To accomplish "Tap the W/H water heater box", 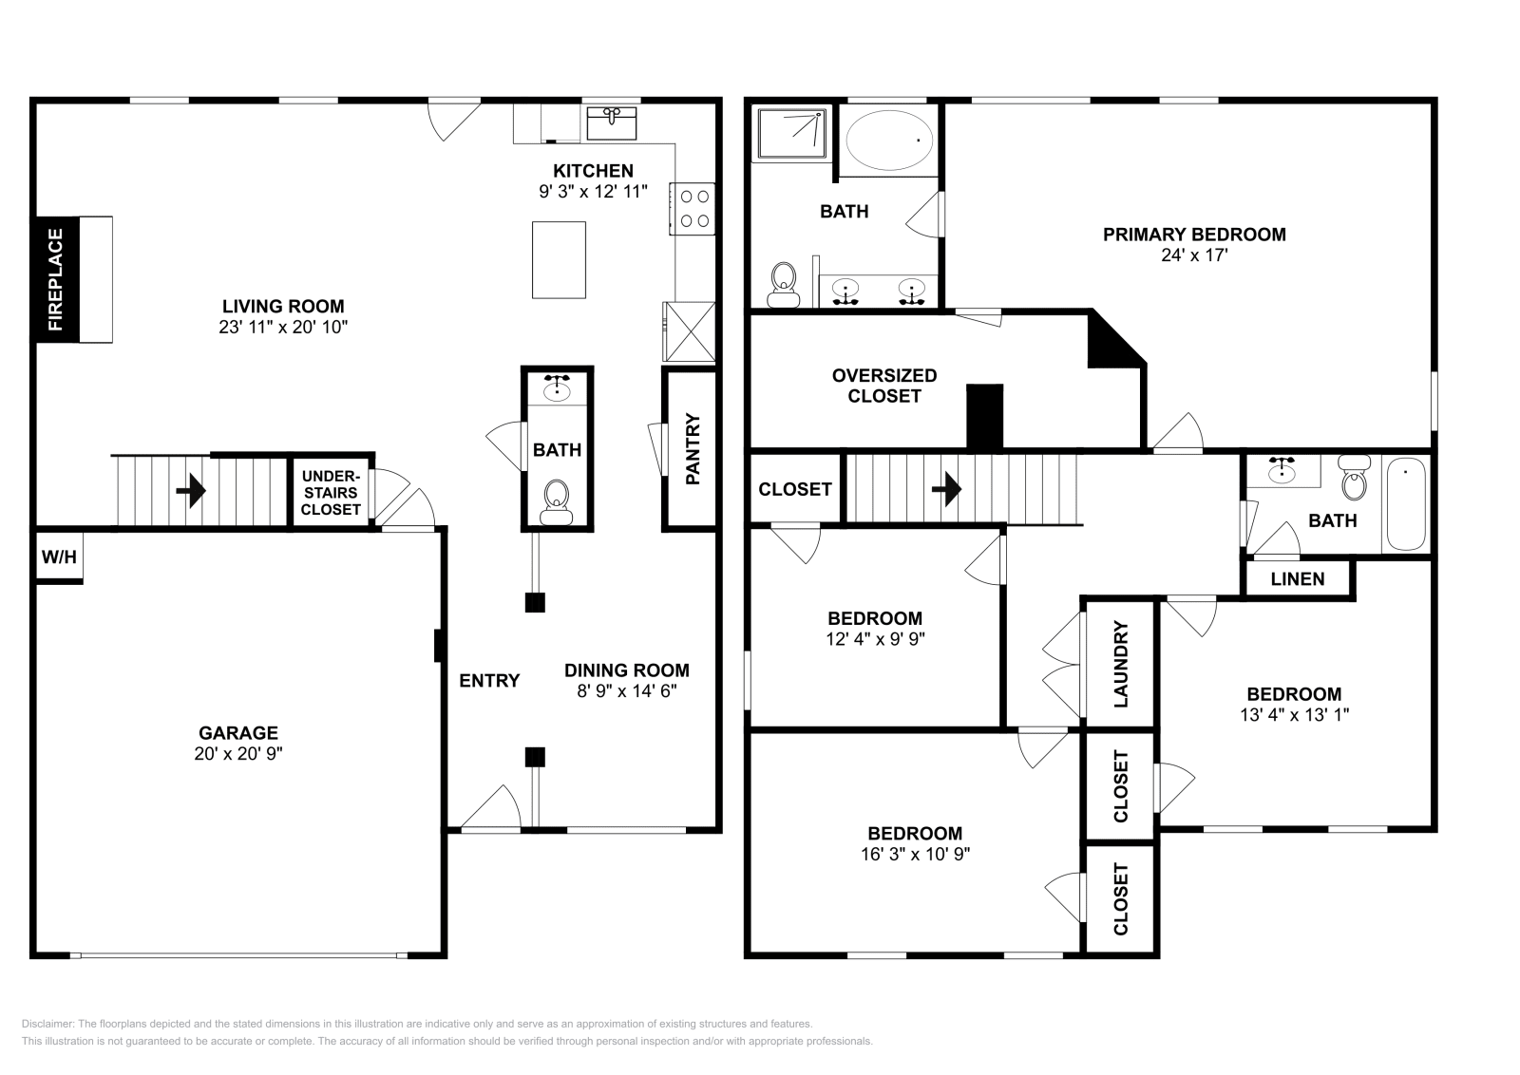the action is point(59,556).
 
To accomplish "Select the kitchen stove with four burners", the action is point(693,209).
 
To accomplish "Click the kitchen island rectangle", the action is point(560,260).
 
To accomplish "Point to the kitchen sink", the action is point(612,123).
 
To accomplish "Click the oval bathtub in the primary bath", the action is point(889,141).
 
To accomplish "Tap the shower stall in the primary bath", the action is point(791,132).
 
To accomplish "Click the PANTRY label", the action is point(693,448).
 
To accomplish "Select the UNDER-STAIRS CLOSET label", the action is point(331,493).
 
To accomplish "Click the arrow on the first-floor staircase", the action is point(191,489).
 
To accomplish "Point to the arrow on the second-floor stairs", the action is point(946,489).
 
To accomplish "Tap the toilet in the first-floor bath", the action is point(557,502).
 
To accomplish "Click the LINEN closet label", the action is point(1298,579).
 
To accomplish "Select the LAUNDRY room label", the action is point(1120,664).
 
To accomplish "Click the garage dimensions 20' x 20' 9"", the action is point(238,753).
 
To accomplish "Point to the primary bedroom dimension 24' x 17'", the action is point(1194,255).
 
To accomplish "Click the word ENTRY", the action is point(489,680).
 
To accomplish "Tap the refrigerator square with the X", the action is point(690,331).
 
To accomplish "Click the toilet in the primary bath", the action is point(784,285).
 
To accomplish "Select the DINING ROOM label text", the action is point(627,670).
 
